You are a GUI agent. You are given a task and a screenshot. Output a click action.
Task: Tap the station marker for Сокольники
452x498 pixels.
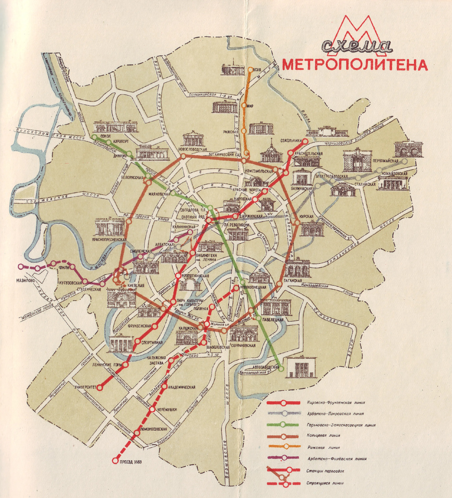306,142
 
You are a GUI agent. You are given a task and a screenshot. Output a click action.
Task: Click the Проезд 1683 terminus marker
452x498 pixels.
115,460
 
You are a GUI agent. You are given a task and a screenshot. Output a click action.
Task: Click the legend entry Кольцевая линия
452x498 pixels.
324,436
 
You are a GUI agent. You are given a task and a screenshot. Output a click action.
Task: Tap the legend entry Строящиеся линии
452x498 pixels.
325,483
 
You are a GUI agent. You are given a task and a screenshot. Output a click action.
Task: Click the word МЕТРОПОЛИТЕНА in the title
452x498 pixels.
355,65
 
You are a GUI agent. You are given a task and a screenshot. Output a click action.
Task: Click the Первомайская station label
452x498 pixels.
385,161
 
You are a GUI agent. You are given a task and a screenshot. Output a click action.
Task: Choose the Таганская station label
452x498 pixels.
293,281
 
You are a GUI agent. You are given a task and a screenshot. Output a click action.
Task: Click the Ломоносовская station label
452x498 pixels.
153,429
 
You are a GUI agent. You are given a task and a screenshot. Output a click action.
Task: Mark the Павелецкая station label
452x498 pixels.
272,320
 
